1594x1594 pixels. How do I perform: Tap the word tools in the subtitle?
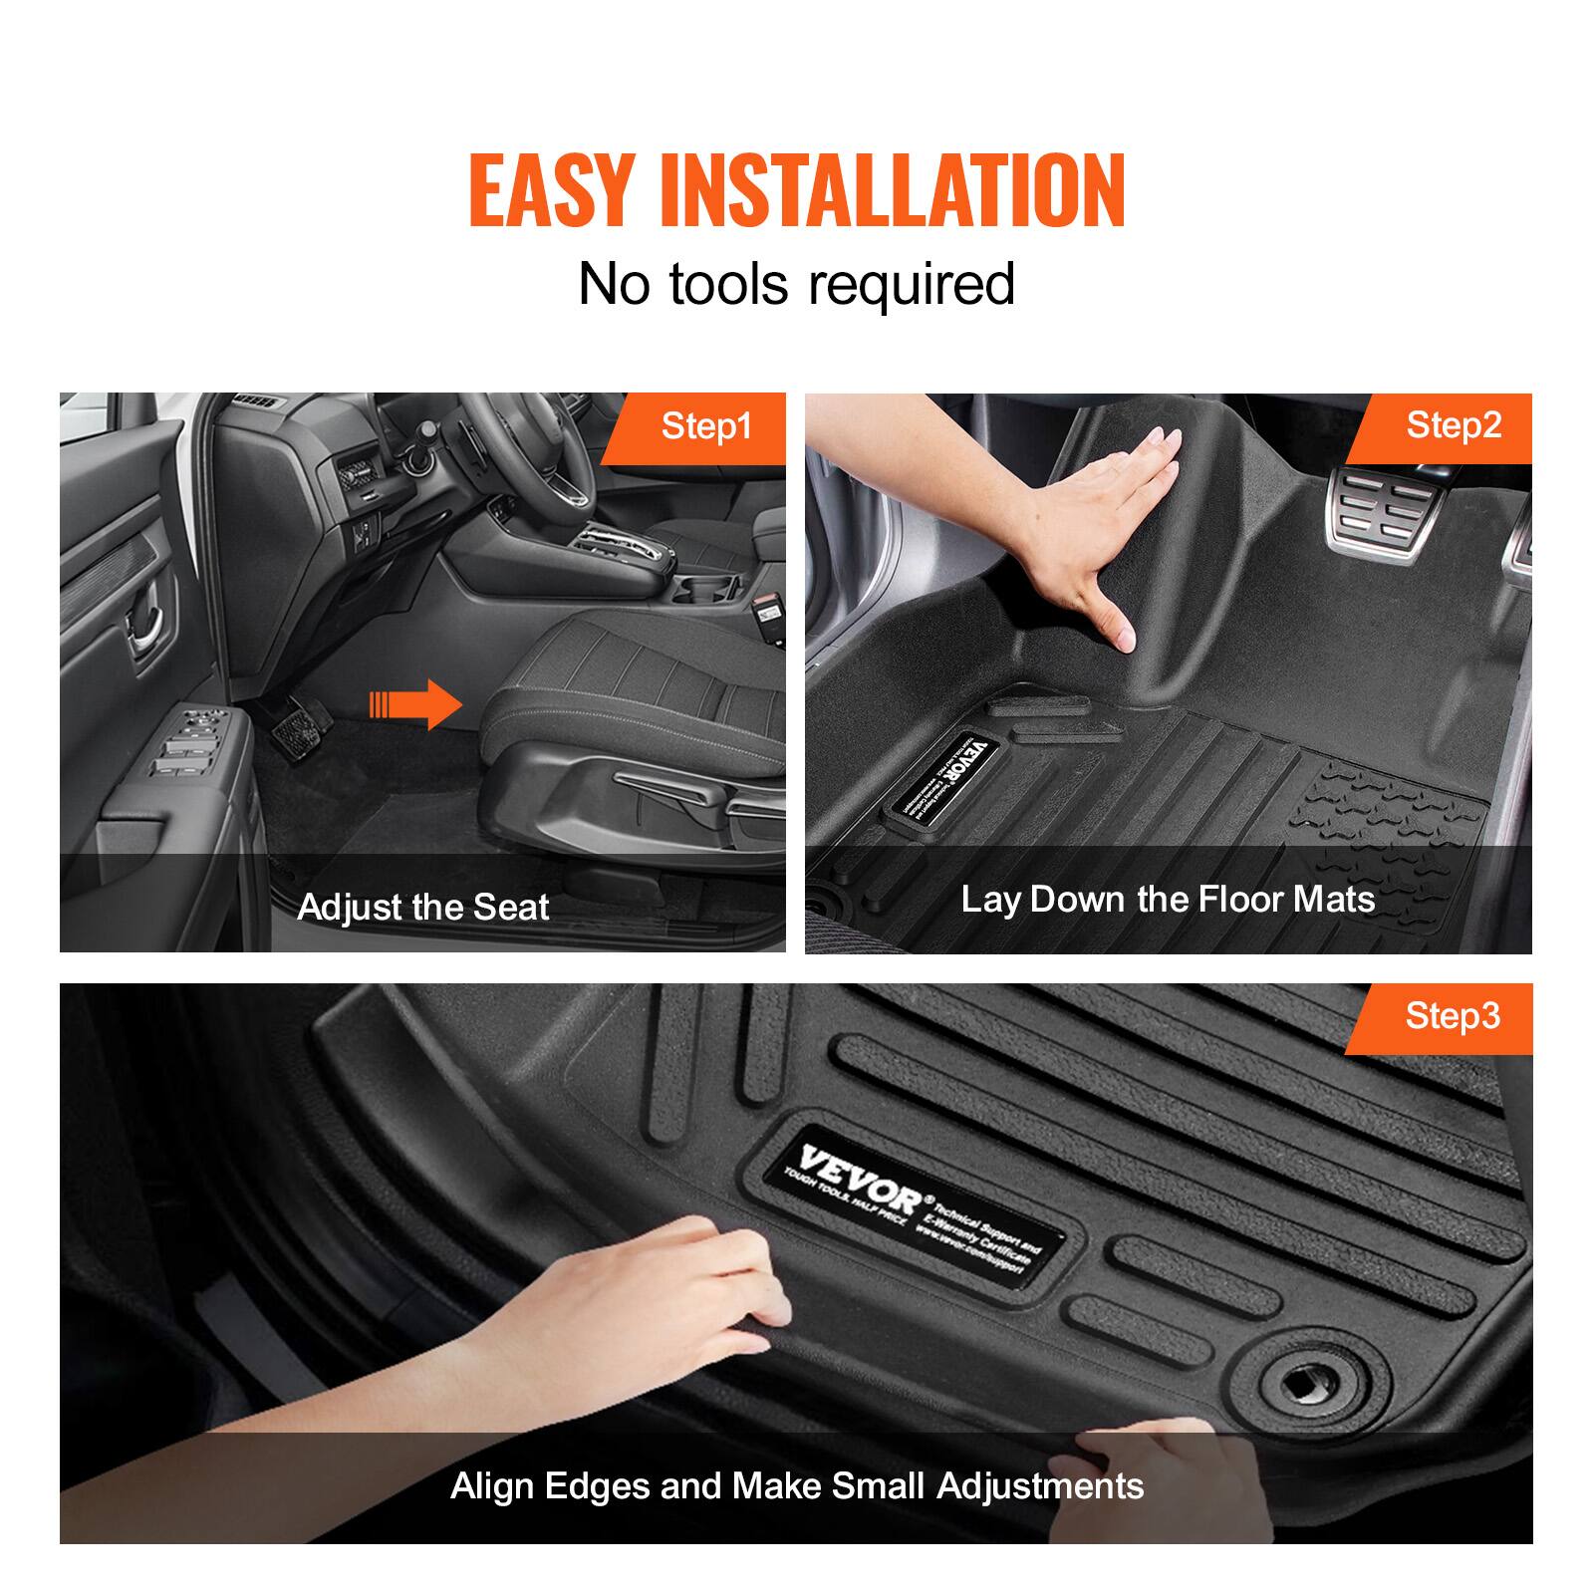point(732,284)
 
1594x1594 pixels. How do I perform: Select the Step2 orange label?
point(1453,425)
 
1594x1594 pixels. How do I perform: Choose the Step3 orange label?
point(1452,1016)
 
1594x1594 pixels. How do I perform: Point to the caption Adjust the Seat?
point(422,907)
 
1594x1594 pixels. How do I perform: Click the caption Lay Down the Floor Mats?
point(1168,900)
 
